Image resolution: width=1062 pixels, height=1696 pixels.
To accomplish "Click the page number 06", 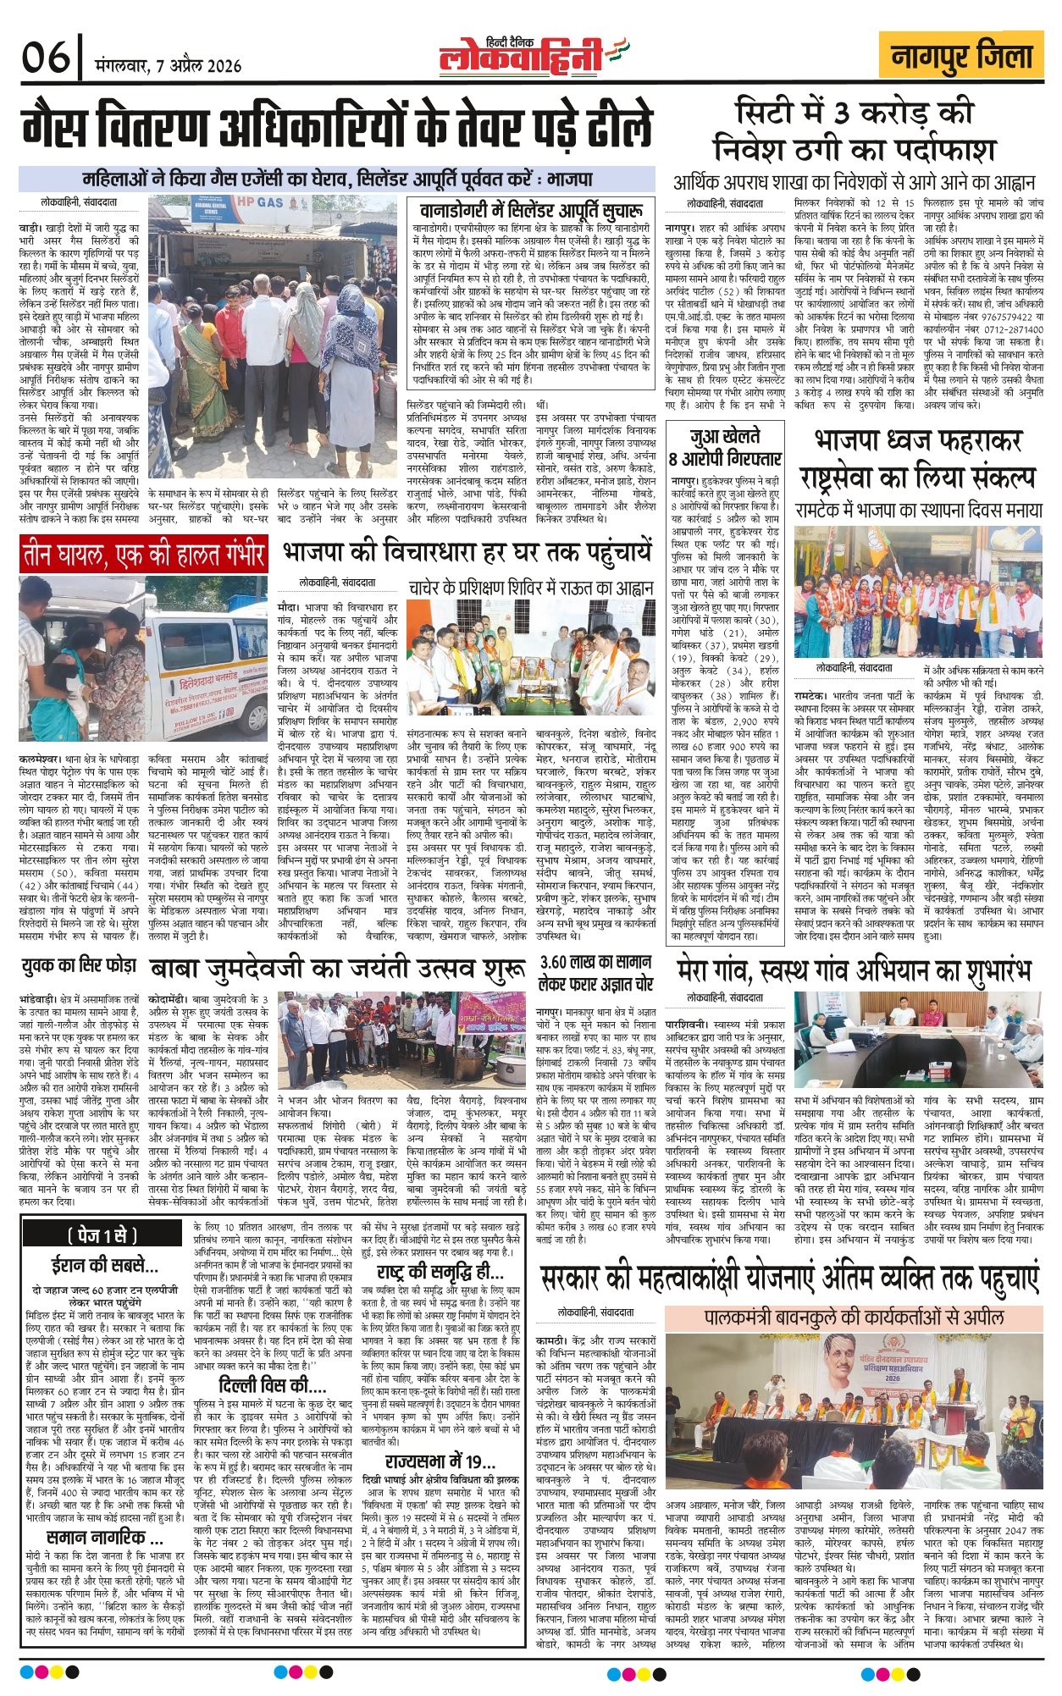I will click(46, 58).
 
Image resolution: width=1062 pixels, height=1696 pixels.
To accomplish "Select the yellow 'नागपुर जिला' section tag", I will click(962, 57).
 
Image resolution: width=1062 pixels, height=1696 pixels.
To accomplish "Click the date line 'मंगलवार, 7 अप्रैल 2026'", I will click(169, 66).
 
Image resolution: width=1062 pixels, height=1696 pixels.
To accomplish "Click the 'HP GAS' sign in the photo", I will click(259, 203).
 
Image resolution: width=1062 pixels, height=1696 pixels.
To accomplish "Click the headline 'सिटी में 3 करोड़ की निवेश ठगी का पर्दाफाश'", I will click(853, 131).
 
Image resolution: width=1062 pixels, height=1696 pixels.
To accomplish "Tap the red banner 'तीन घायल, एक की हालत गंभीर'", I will click(144, 555).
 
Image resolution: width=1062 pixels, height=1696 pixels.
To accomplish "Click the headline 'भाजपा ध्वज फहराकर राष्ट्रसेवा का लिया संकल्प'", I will click(918, 458).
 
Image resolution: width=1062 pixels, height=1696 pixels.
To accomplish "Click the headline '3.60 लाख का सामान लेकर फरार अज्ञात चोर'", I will click(597, 973).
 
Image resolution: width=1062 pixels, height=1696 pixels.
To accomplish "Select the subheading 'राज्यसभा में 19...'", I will click(440, 1461).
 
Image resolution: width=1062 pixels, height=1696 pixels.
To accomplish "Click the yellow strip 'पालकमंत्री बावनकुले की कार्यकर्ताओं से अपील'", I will click(854, 1318).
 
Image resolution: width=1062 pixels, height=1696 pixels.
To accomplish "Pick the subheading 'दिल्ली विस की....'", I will click(272, 1384).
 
